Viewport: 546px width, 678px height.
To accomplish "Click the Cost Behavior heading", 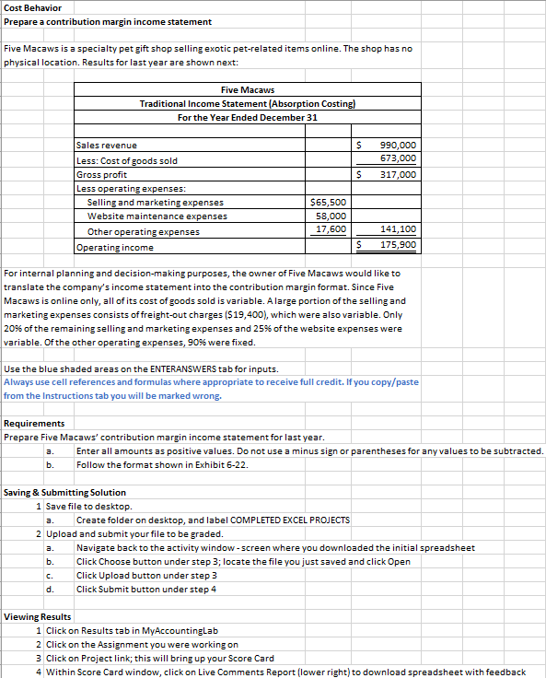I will pyautogui.click(x=36, y=8).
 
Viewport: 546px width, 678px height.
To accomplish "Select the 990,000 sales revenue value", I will pyautogui.click(x=398, y=146).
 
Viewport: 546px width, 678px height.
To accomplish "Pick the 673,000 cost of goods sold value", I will pyautogui.click(x=398, y=159).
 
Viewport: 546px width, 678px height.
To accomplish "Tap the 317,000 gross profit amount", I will pyautogui.click(x=398, y=174).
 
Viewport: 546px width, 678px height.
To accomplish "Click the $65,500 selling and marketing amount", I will pyautogui.click(x=328, y=203).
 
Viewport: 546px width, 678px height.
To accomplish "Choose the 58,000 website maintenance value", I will pyautogui.click(x=330, y=216).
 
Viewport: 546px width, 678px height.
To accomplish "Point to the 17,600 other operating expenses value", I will pyautogui.click(x=331, y=230).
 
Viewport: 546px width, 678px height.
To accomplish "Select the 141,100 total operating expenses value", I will pyautogui.click(x=398, y=231).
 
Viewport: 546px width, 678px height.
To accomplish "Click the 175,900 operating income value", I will pyautogui.click(x=398, y=246).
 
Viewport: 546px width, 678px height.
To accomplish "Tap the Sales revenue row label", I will pyautogui.click(x=107, y=146).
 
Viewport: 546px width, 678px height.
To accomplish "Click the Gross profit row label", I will pyautogui.click(x=102, y=174).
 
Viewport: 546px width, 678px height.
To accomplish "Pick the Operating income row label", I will pyautogui.click(x=115, y=247).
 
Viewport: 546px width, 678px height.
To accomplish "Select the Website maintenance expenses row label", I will pyautogui.click(x=157, y=216).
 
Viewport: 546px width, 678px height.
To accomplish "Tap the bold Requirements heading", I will pyautogui.click(x=34, y=424).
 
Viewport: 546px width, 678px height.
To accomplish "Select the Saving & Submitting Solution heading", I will pyautogui.click(x=63, y=494).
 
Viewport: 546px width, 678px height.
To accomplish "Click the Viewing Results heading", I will pyautogui.click(x=38, y=616).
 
